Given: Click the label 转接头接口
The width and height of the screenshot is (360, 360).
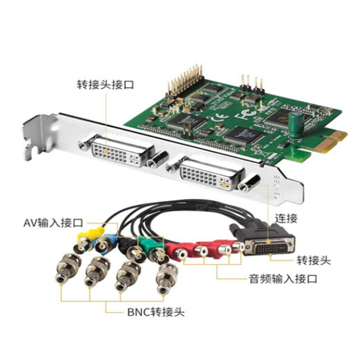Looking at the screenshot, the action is click(105, 85).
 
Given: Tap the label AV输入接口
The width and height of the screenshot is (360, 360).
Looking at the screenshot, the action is click(53, 223).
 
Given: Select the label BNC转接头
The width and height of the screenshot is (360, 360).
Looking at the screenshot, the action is click(156, 312).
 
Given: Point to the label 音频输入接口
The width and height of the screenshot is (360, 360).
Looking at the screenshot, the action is click(283, 279).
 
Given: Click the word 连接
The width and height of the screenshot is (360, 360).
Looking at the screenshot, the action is click(286, 218).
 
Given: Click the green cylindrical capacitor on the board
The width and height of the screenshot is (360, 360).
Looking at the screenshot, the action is click(296, 125).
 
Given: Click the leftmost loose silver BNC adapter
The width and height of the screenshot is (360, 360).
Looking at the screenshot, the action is click(68, 268).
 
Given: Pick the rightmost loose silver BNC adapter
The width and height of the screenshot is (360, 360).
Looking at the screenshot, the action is click(167, 279).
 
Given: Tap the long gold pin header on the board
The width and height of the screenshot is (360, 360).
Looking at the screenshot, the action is click(185, 81).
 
